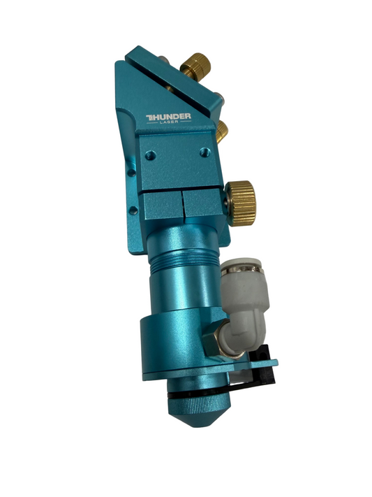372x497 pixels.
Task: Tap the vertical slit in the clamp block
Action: tap(184, 207)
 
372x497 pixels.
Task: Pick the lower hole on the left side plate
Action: tap(131, 209)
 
